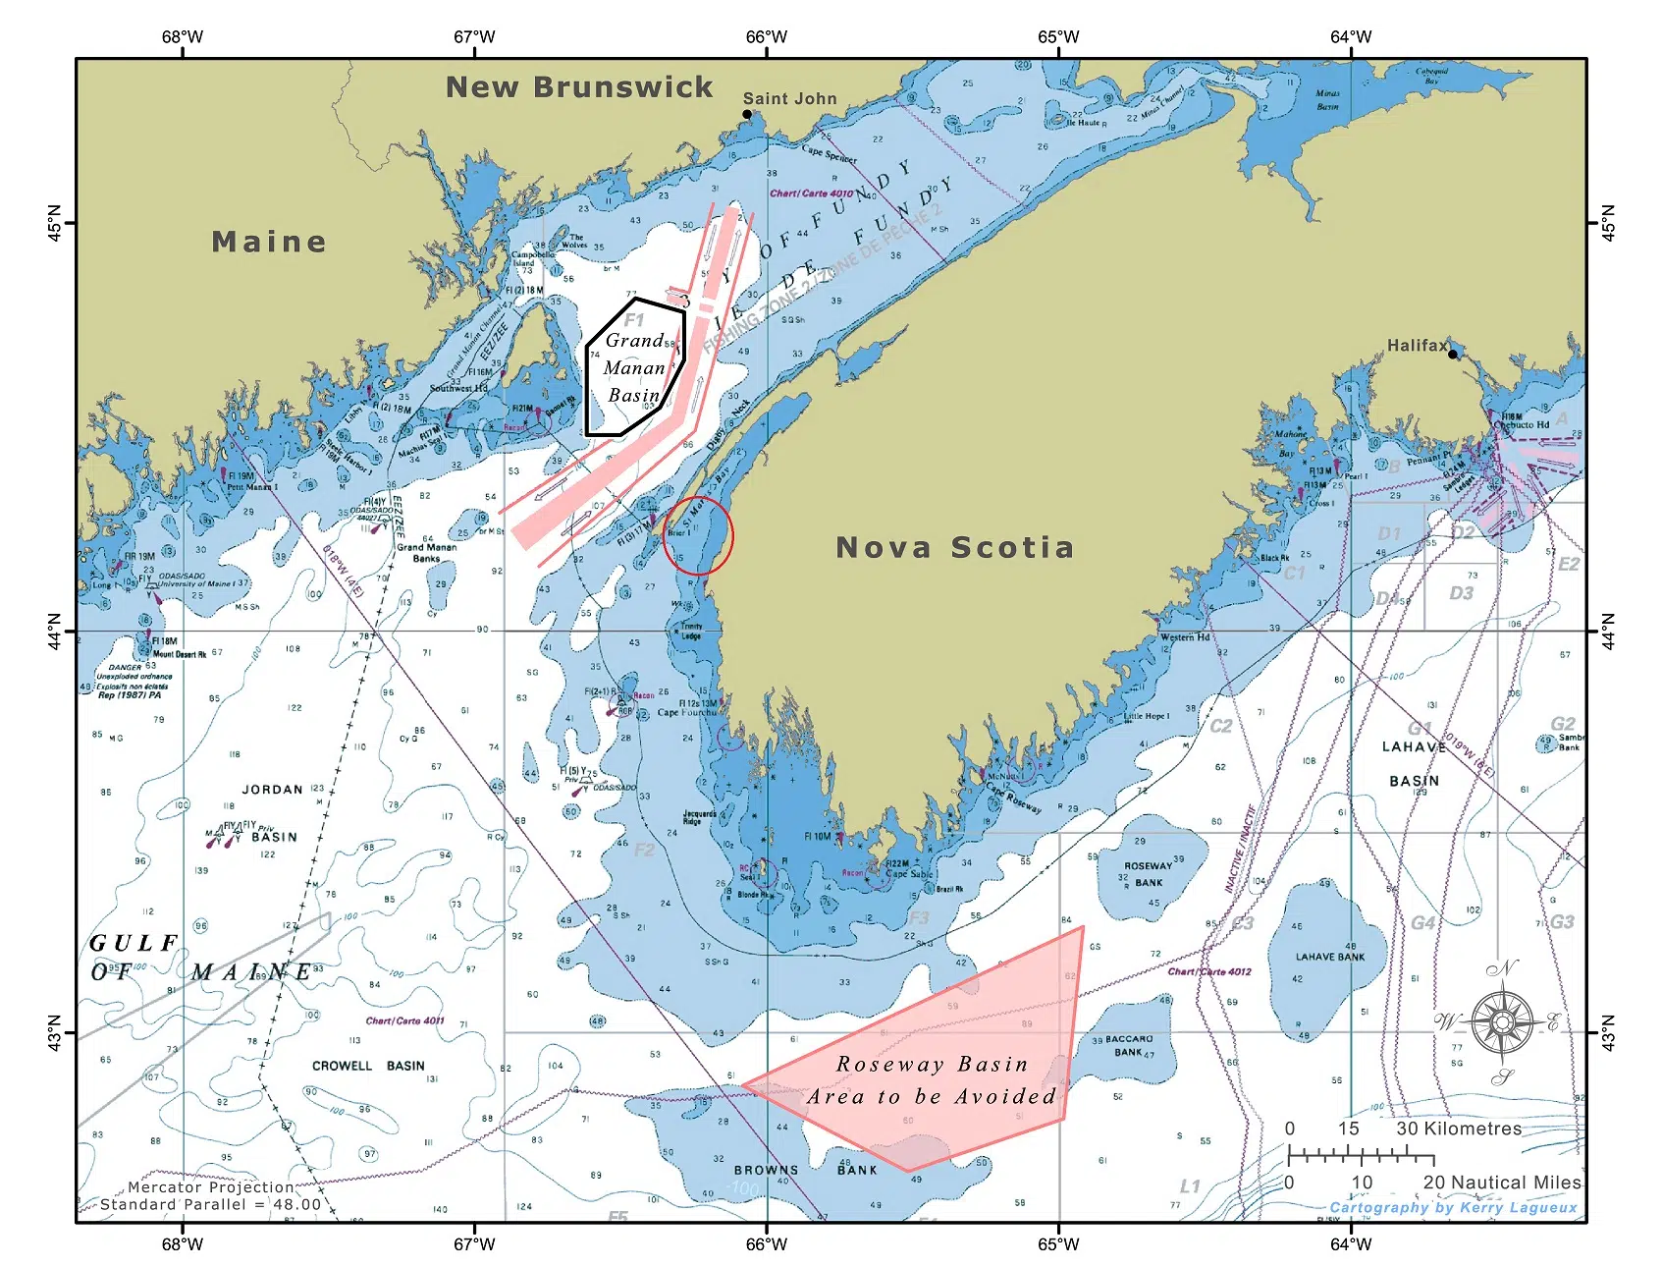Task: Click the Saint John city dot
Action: click(747, 115)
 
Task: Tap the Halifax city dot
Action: click(1453, 354)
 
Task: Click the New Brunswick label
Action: click(579, 87)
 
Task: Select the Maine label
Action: click(269, 242)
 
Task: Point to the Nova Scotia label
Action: click(954, 547)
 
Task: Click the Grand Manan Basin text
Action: click(634, 368)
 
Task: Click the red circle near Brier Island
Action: click(698, 535)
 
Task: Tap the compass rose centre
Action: click(1502, 1022)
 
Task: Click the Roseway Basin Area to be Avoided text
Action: click(931, 1080)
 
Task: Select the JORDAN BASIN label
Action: click(271, 812)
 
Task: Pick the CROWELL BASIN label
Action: click(368, 1066)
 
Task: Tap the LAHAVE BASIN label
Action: click(1414, 763)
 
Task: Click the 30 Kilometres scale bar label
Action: click(1458, 1129)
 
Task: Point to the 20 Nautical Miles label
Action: click(1502, 1183)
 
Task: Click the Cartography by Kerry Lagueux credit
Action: click(1453, 1208)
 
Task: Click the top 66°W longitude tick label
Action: click(766, 37)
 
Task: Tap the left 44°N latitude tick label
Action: click(55, 631)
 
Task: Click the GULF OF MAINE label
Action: click(201, 958)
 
